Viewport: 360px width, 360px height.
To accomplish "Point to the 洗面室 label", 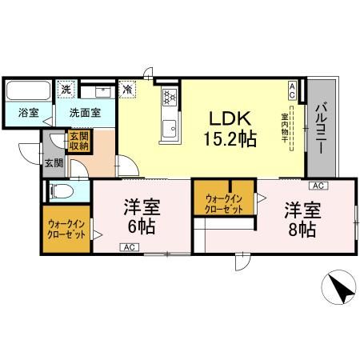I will point(83,113).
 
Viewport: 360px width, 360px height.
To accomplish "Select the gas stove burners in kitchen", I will point(170,98).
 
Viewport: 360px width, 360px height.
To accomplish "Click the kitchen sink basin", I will point(170,126).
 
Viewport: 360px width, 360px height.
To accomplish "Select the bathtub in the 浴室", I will point(25,89).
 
